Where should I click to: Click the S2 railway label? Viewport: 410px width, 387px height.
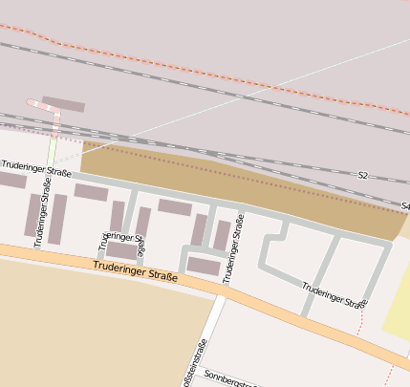point(362,176)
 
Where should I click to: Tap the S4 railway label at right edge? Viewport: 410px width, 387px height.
point(404,205)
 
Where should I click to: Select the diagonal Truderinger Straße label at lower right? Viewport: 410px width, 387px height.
point(334,294)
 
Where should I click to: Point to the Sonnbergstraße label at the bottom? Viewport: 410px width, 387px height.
point(230,380)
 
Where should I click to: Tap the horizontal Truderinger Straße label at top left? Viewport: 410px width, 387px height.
point(35,168)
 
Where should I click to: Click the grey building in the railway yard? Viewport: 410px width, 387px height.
point(63,104)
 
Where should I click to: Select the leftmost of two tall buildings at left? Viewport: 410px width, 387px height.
point(32,215)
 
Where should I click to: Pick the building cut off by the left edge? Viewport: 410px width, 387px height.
point(10,180)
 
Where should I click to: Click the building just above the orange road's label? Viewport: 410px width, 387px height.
point(121,250)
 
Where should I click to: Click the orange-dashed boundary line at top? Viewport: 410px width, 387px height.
point(191,65)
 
